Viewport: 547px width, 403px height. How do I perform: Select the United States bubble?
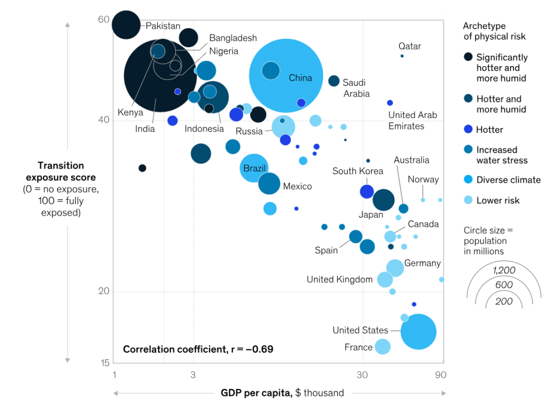point(418,331)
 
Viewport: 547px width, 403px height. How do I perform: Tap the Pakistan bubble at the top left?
point(126,25)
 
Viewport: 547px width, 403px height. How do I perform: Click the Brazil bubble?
point(254,168)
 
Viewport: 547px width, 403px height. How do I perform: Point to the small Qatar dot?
point(402,56)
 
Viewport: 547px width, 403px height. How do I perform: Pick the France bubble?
point(382,346)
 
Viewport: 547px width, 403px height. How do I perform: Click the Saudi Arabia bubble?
point(334,81)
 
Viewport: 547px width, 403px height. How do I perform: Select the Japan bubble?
point(384,200)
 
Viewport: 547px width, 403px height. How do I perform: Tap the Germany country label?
point(422,263)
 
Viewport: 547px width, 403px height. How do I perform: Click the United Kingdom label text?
point(339,279)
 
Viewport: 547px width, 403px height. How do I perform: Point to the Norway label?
point(423,179)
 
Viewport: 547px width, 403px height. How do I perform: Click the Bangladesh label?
point(233,38)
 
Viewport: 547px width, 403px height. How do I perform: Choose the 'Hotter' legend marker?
point(468,130)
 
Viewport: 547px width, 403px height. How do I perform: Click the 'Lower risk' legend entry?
point(497,200)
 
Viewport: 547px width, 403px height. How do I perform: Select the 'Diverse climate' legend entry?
point(508,180)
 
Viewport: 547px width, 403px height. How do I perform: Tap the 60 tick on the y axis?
point(104,20)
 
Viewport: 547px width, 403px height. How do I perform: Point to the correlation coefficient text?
point(198,349)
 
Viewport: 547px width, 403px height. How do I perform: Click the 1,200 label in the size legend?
point(504,270)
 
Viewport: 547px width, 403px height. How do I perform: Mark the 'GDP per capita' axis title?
point(282,393)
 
